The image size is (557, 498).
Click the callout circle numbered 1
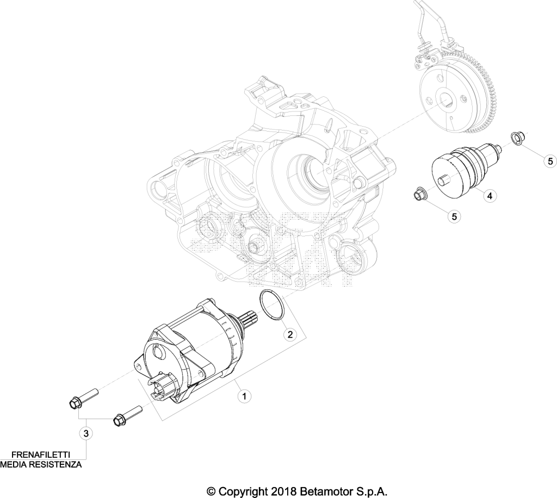pyautogui.click(x=244, y=396)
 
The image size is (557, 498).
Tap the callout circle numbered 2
pyautogui.click(x=290, y=334)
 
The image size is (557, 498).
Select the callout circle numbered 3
pyautogui.click(x=85, y=433)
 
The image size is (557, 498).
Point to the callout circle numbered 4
pyautogui.click(x=490, y=195)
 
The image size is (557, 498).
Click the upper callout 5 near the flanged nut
pyautogui.click(x=550, y=161)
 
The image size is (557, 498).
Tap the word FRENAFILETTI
pyautogui.click(x=40, y=455)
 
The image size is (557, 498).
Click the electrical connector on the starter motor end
pyautogui.click(x=162, y=385)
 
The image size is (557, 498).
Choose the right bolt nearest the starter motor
pyautogui.click(x=127, y=415)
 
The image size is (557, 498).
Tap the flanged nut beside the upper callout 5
pyautogui.click(x=516, y=138)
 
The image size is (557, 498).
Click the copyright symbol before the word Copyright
pyautogui.click(x=212, y=491)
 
